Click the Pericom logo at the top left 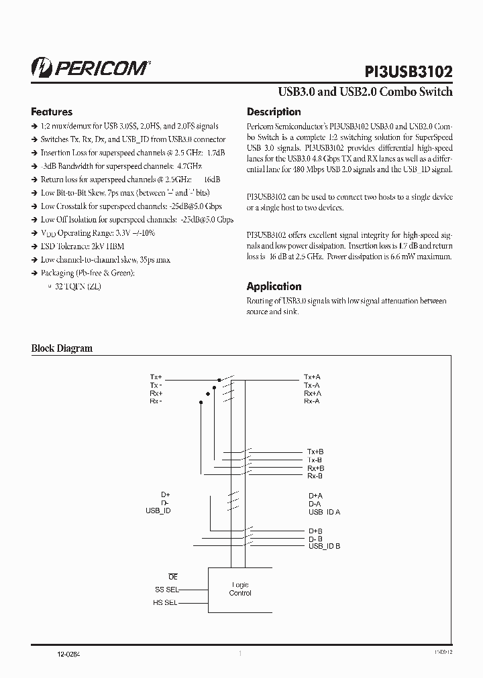(91, 67)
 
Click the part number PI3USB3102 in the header (409, 72)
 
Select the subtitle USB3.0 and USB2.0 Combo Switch (365, 92)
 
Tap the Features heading (52, 112)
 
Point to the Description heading (274, 112)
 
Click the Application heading (274, 286)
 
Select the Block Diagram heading (62, 348)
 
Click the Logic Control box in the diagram (239, 589)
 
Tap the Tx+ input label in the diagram (156, 377)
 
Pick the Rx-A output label (312, 401)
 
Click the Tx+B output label (315, 452)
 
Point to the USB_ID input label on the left (158, 511)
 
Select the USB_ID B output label (324, 546)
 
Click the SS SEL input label (166, 590)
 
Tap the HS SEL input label (166, 603)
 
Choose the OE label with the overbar (173, 577)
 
